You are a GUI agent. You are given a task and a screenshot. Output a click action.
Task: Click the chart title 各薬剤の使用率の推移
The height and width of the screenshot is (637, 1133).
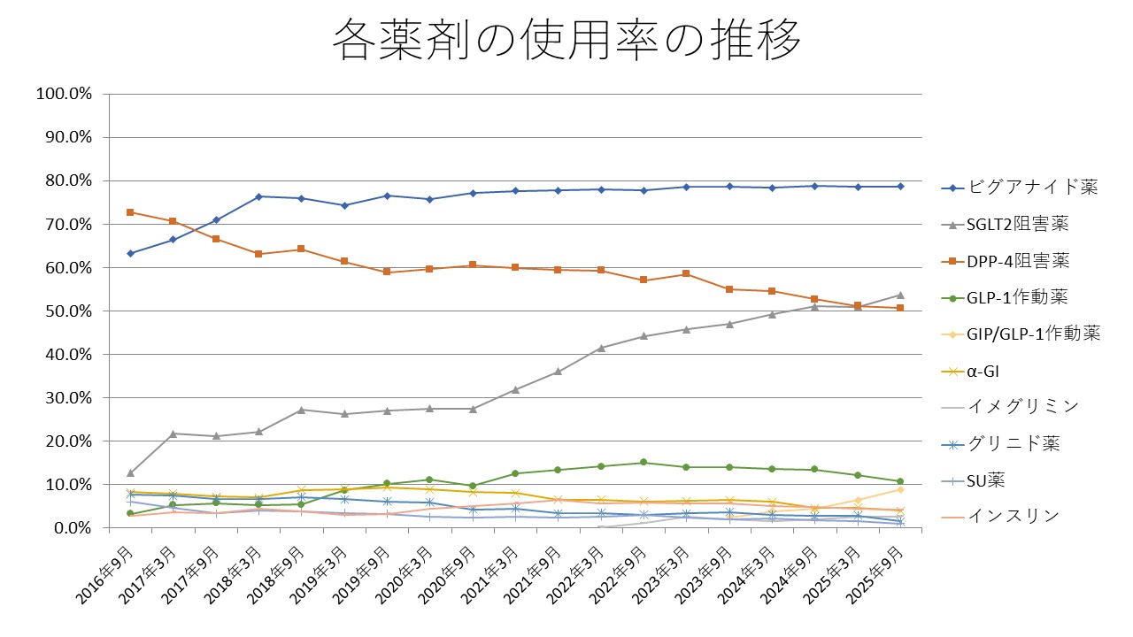(x=566, y=41)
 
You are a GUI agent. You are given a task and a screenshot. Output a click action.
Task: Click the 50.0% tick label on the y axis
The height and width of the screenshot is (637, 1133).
(x=68, y=311)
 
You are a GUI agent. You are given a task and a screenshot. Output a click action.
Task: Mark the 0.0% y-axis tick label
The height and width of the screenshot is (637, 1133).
(x=72, y=527)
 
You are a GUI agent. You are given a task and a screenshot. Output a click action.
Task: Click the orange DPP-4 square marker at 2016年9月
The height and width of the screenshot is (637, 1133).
(x=130, y=212)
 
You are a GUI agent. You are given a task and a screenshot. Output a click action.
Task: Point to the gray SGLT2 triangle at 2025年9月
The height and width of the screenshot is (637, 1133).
(x=900, y=295)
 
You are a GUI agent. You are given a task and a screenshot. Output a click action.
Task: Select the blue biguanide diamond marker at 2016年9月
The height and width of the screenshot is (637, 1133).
(x=130, y=253)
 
